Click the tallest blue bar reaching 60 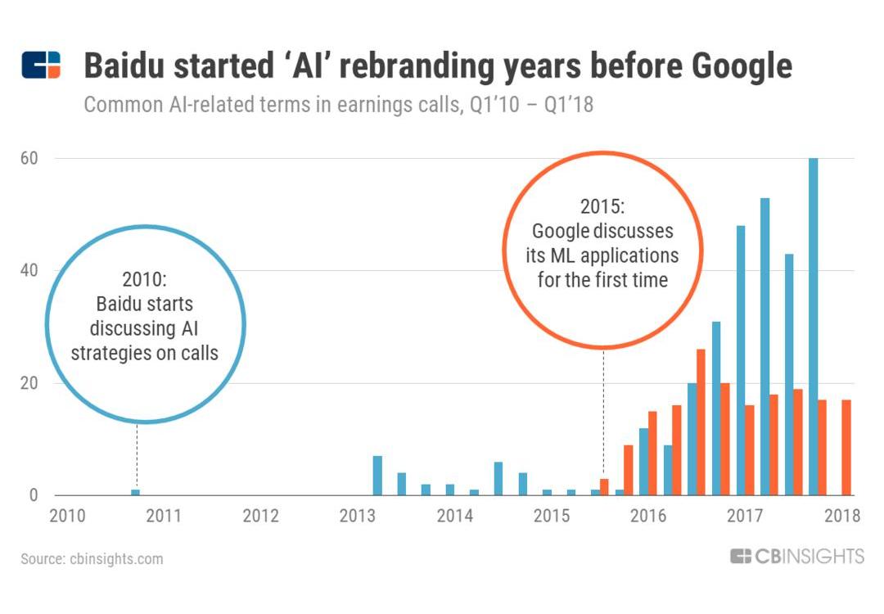click(x=813, y=327)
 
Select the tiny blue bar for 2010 click(x=136, y=492)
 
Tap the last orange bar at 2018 click(x=847, y=447)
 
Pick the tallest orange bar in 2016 click(x=701, y=422)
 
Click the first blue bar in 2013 click(x=377, y=476)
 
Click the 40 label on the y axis click(x=29, y=270)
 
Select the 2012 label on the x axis click(x=261, y=516)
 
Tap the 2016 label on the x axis click(x=648, y=516)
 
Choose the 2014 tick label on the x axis click(x=454, y=516)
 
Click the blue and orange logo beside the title click(x=41, y=65)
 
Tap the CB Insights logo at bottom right click(x=796, y=557)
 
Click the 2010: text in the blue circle click(x=144, y=278)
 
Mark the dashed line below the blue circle click(x=137, y=454)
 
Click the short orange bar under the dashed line click(x=604, y=487)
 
